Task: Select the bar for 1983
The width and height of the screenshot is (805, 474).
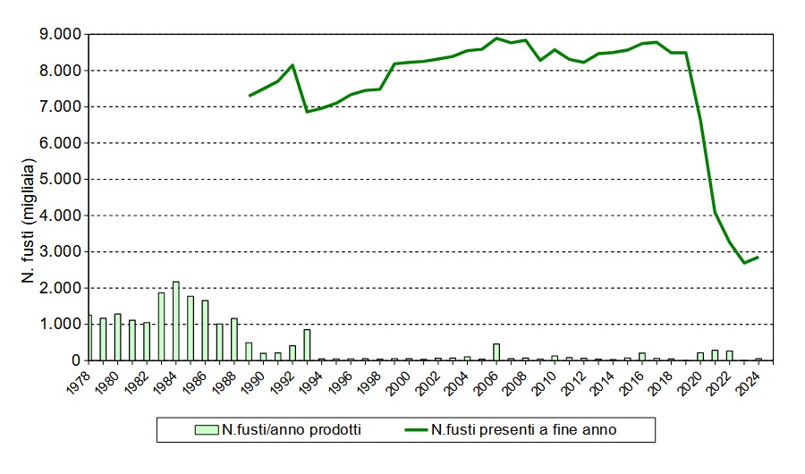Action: (162, 326)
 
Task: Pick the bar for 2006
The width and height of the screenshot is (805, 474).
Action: (496, 351)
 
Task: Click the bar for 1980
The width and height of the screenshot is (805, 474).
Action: (117, 337)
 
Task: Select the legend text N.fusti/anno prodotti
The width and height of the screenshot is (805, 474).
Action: (291, 430)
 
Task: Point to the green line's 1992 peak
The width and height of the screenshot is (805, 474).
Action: (292, 65)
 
